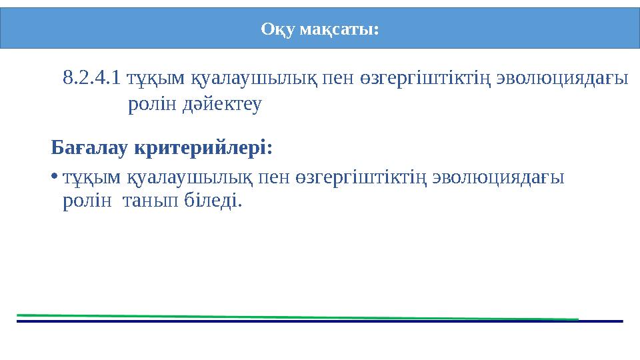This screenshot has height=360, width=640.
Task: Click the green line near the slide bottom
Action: (x=300, y=317)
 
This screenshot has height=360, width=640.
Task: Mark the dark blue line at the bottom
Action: (x=320, y=321)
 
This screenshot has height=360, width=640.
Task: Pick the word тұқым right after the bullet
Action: (x=92, y=177)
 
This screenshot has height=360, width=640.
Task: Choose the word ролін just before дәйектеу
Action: (x=151, y=105)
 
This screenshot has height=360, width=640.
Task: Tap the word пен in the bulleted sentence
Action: (x=275, y=177)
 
